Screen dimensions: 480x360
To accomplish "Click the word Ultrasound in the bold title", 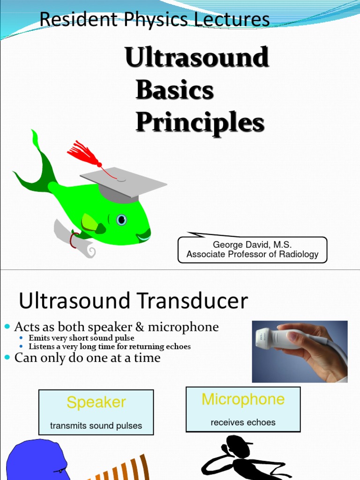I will tap(197, 58).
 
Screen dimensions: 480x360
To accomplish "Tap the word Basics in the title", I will tap(174, 90).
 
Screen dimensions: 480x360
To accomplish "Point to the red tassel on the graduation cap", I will tap(83, 153).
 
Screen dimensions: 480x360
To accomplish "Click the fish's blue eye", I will tap(121, 219).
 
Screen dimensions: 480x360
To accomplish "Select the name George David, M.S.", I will tap(252, 244).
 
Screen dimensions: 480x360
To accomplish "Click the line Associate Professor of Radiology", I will tap(252, 255).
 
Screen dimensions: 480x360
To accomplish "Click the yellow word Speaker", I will tap(96, 402).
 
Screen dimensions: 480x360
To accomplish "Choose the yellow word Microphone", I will tap(243, 399).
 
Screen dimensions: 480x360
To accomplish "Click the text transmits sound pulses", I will tap(96, 426).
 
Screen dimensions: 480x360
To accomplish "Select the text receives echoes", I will tap(243, 422).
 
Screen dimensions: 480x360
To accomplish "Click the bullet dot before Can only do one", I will tap(7, 358).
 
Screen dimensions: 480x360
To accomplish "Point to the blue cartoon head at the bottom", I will tap(35, 460).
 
